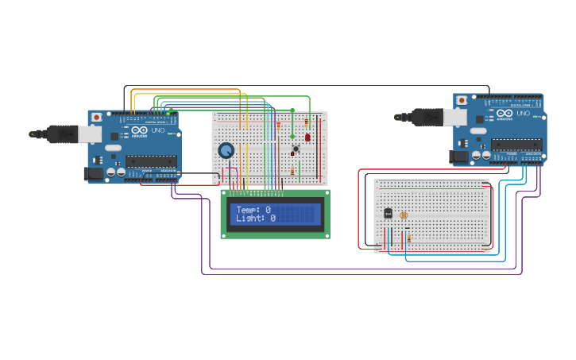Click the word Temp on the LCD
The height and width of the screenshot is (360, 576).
pos(246,209)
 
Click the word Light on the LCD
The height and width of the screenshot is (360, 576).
pos(249,218)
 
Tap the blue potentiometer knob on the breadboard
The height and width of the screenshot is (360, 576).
pos(226,150)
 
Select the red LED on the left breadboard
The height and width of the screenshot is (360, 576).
pos(307,137)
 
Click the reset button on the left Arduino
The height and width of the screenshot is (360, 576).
pos(96,117)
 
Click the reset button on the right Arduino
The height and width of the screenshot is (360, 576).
pos(462,100)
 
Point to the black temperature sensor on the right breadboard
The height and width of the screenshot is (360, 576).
pos(388,213)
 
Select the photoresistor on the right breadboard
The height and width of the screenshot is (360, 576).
pos(404,215)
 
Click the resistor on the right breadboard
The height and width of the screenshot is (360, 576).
pos(409,238)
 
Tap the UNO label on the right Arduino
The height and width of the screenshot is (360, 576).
pos(523,114)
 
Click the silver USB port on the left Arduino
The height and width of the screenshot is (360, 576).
pos(90,134)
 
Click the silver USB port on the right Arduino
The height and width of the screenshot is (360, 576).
pos(454,117)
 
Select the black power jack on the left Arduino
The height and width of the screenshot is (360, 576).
pos(94,172)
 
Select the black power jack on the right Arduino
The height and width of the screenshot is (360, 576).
pos(458,157)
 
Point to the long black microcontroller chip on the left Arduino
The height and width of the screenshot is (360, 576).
pos(151,161)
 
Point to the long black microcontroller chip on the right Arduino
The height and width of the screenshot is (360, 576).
pos(516,145)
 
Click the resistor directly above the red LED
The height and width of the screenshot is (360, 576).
pos(307,122)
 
